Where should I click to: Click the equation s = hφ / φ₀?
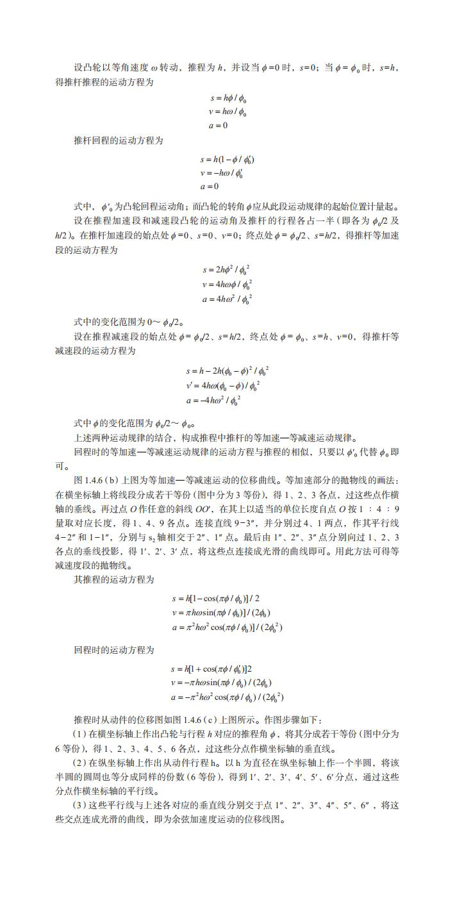[229, 98]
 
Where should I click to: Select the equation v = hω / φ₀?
[229, 112]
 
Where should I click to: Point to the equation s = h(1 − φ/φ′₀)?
[231, 160]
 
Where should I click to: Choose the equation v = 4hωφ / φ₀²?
[229, 284]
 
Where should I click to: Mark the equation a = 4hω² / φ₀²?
[229, 298]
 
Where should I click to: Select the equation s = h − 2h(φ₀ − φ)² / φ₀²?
[227, 370]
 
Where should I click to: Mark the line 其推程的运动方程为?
[114, 579]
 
